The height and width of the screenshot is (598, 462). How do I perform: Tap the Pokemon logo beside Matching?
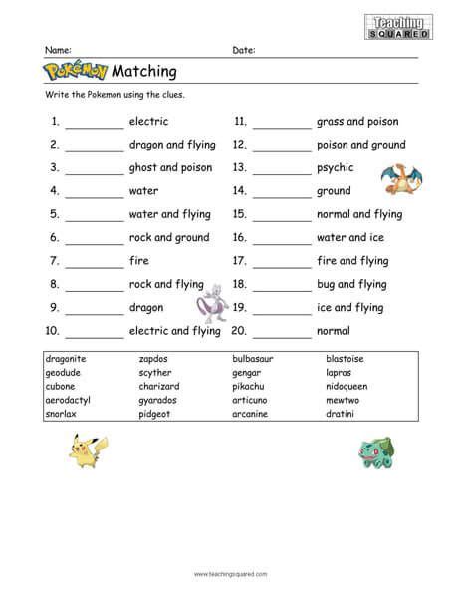(x=77, y=71)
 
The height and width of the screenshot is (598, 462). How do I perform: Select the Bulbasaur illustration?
(x=374, y=452)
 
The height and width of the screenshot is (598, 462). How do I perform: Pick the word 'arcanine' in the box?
(x=252, y=409)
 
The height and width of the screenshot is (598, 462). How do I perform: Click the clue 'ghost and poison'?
(x=169, y=168)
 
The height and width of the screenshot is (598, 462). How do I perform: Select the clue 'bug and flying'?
(x=351, y=284)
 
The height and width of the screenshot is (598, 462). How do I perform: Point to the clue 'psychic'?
(x=336, y=168)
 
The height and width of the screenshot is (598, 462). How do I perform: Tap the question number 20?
(x=240, y=330)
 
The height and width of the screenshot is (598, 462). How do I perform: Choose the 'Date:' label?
(x=244, y=49)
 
